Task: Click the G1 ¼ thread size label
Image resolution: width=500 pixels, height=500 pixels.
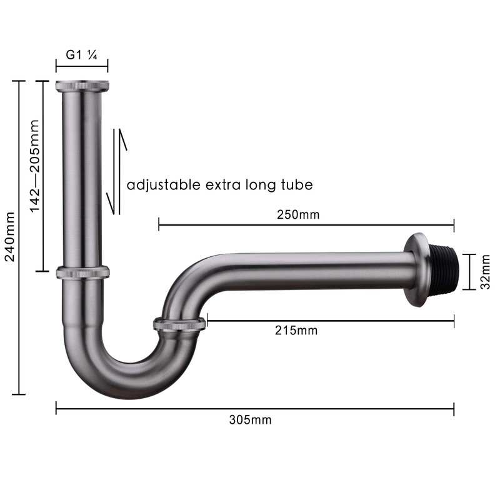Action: pos(81,55)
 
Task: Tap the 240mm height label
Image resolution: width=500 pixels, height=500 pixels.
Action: pos(9,236)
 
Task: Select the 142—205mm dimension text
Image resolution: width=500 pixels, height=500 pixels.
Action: pos(34,166)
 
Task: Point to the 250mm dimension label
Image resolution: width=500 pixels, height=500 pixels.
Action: pos(298,214)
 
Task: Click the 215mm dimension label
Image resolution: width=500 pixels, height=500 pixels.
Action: pos(296,331)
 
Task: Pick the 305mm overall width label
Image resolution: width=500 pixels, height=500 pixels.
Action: pos(251,419)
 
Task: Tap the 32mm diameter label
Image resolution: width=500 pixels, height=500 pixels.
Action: pos(485,272)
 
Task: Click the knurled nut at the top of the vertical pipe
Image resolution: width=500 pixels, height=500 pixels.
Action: pos(82,86)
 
